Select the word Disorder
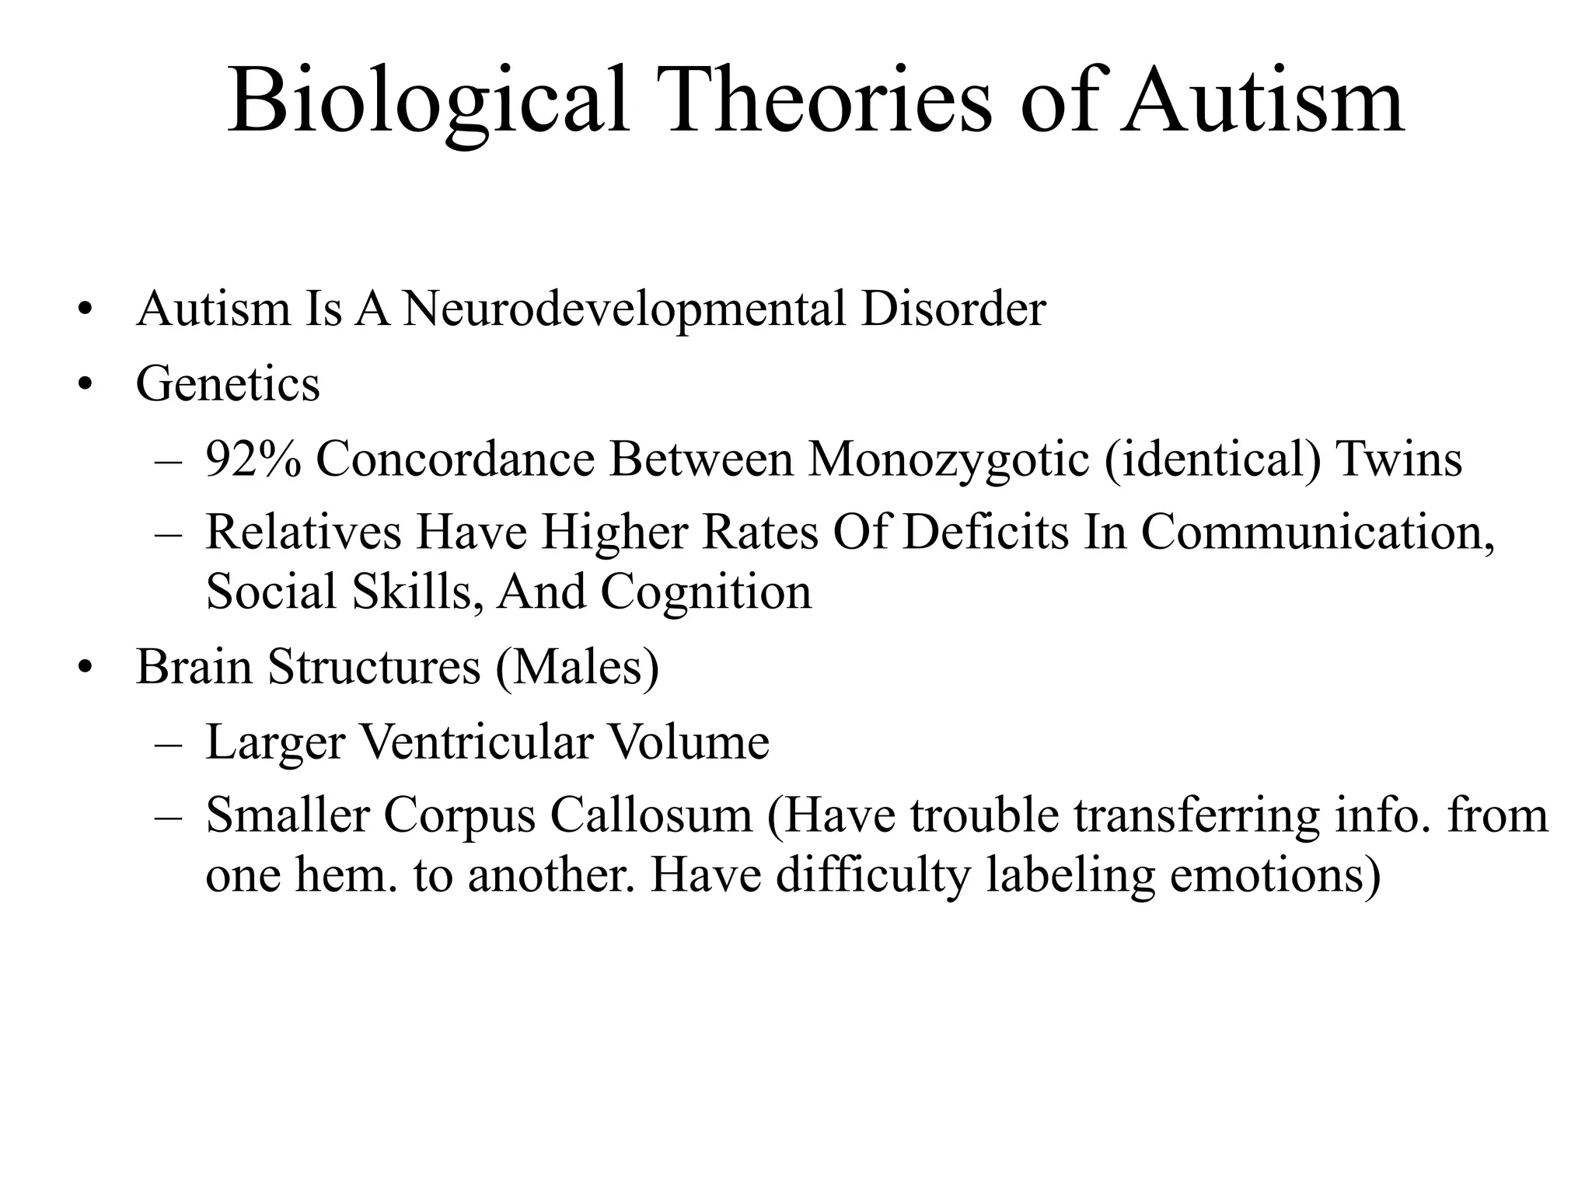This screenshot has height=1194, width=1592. pos(953,309)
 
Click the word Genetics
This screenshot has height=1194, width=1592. pos(228,383)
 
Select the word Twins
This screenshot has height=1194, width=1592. pos(1398,459)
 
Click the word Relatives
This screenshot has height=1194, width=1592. pos(303,532)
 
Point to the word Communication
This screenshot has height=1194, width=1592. pos(1318,532)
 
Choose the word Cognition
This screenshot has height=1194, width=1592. pos(706,592)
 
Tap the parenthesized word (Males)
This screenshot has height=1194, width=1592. pos(576,667)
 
